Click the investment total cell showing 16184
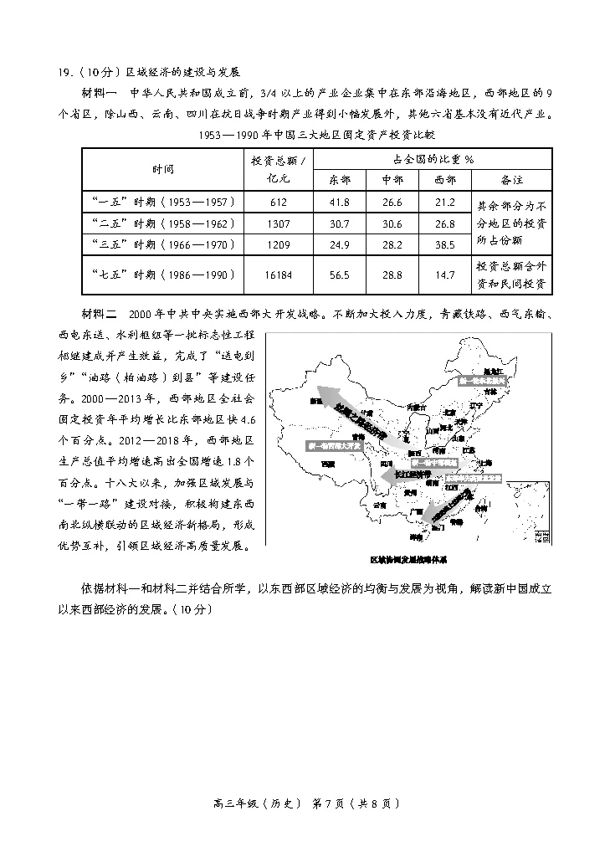279,275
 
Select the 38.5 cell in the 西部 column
445,245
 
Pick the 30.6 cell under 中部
392,223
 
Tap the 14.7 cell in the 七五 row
445,275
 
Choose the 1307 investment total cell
279,223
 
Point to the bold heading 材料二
99,315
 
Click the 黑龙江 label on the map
494,368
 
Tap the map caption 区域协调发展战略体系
413,558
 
